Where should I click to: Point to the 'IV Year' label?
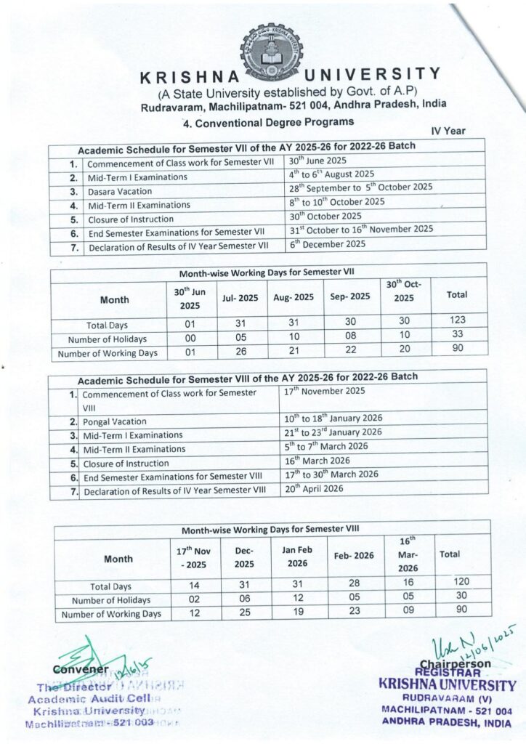(448, 131)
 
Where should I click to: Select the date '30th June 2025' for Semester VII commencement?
(317, 161)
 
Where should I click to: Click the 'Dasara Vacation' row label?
(121, 192)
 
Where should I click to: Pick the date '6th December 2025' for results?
(327, 244)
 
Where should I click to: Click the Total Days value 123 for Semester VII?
(458, 320)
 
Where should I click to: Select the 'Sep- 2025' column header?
(352, 296)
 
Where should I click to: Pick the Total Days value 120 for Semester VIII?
(461, 581)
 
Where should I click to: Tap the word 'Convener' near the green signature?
(70, 668)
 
